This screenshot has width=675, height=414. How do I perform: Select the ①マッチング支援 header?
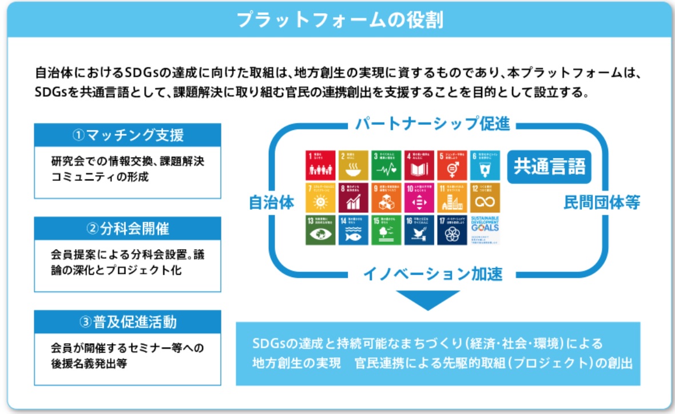[x=128, y=136]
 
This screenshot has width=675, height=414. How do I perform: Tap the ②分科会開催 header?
[x=128, y=229]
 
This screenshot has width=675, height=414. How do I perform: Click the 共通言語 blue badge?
[x=549, y=167]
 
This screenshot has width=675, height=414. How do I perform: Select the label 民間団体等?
[x=601, y=202]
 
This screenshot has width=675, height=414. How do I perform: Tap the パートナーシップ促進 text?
[x=432, y=124]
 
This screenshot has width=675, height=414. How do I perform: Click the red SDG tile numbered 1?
[x=320, y=165]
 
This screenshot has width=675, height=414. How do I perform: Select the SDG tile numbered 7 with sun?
[x=320, y=198]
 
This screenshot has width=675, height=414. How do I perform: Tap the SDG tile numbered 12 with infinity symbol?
[x=485, y=198]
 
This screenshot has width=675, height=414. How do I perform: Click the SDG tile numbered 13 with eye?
[x=320, y=230]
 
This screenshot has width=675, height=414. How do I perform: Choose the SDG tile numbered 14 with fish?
[x=353, y=230]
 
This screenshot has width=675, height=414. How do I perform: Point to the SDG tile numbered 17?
[x=452, y=230]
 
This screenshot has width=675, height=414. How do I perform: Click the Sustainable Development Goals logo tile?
[x=485, y=230]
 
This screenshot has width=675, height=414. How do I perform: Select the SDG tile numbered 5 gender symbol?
[x=452, y=165]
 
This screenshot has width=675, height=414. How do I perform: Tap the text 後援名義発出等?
[x=89, y=363]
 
